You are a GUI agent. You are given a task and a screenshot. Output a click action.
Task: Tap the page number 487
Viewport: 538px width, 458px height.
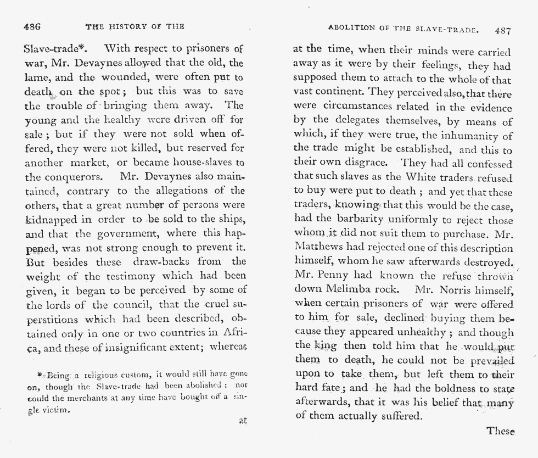pyautogui.click(x=502, y=31)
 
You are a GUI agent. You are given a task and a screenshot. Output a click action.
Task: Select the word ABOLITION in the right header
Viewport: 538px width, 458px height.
pyautogui.click(x=350, y=28)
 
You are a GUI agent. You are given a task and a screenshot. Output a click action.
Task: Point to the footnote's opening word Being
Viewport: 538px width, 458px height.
pyautogui.click(x=55, y=376)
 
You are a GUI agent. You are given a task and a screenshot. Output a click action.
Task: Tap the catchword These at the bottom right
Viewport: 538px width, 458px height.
pyautogui.click(x=500, y=431)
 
